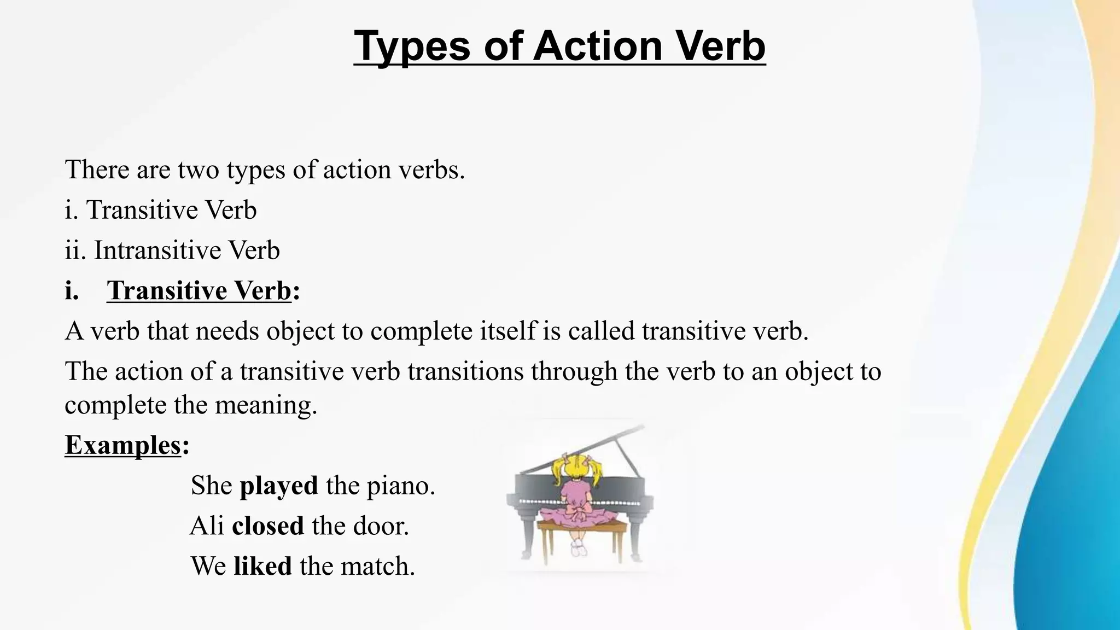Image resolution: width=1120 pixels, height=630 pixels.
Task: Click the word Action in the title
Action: click(x=598, y=46)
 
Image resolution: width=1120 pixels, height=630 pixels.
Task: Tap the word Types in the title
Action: click(x=412, y=46)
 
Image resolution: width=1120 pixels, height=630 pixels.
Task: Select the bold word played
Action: click(x=279, y=486)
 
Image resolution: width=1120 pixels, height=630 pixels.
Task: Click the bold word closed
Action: click(x=267, y=526)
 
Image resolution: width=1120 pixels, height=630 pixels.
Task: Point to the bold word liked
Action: click(x=262, y=566)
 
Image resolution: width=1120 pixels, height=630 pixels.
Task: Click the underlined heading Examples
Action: click(x=122, y=445)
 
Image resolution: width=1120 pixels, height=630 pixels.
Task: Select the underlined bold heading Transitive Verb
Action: click(x=199, y=290)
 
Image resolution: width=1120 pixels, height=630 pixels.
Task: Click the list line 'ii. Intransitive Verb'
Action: click(x=172, y=250)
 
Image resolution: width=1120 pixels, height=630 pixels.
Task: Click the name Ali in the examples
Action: click(x=207, y=526)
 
